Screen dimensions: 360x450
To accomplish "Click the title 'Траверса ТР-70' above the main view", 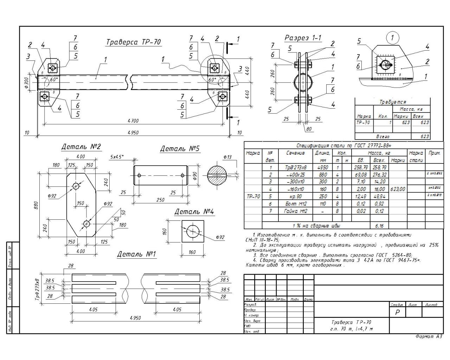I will tap(134, 42).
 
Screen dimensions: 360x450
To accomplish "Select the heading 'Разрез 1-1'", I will tap(303, 38).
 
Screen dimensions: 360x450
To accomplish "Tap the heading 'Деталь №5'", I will tap(180, 149).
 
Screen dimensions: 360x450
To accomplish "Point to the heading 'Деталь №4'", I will tap(194, 212).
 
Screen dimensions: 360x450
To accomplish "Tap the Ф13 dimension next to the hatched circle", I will tap(227, 157).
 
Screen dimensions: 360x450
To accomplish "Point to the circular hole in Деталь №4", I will tap(192, 231).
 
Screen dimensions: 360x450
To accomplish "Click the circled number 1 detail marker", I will tap(393, 37).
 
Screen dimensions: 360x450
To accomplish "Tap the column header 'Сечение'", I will tap(295, 153).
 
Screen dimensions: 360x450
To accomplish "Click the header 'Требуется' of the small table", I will tap(392, 102).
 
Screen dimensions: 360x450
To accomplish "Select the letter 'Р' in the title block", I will tap(398, 312).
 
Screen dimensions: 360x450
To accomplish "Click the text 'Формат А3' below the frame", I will tap(429, 337).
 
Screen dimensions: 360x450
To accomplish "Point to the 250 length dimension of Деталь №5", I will tap(160, 200).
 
